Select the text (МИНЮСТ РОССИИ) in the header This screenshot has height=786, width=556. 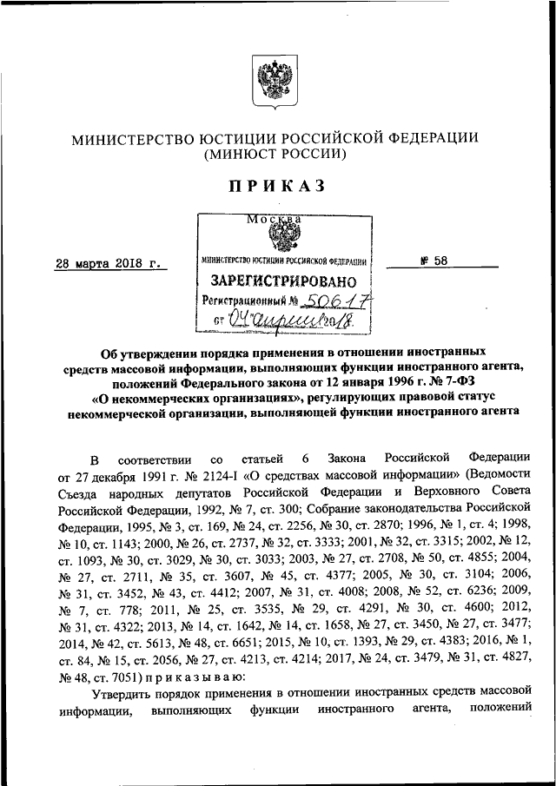[x=275, y=155]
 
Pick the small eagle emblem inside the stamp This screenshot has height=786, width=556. [x=281, y=236]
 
